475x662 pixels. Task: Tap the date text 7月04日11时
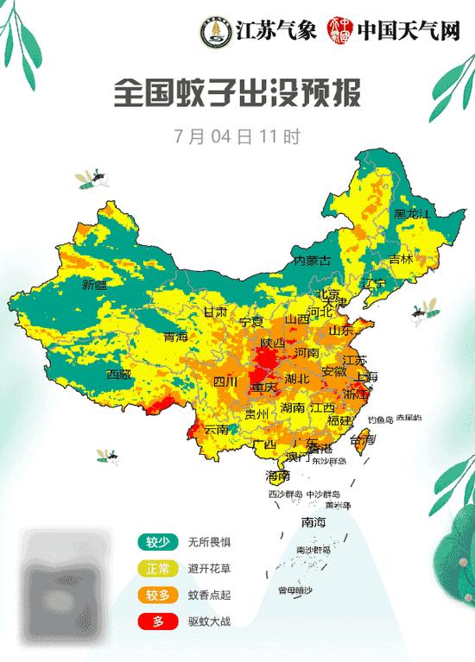click(237, 136)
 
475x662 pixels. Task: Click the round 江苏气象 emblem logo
click(210, 32)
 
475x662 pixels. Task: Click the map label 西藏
click(119, 375)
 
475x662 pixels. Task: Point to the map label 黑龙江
click(411, 213)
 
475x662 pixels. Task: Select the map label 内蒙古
click(313, 260)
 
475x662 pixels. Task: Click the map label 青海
click(175, 337)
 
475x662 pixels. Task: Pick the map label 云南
click(218, 429)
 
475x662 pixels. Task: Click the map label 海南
click(278, 476)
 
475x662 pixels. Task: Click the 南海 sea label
click(313, 521)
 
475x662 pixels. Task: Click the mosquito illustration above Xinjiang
click(94, 179)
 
